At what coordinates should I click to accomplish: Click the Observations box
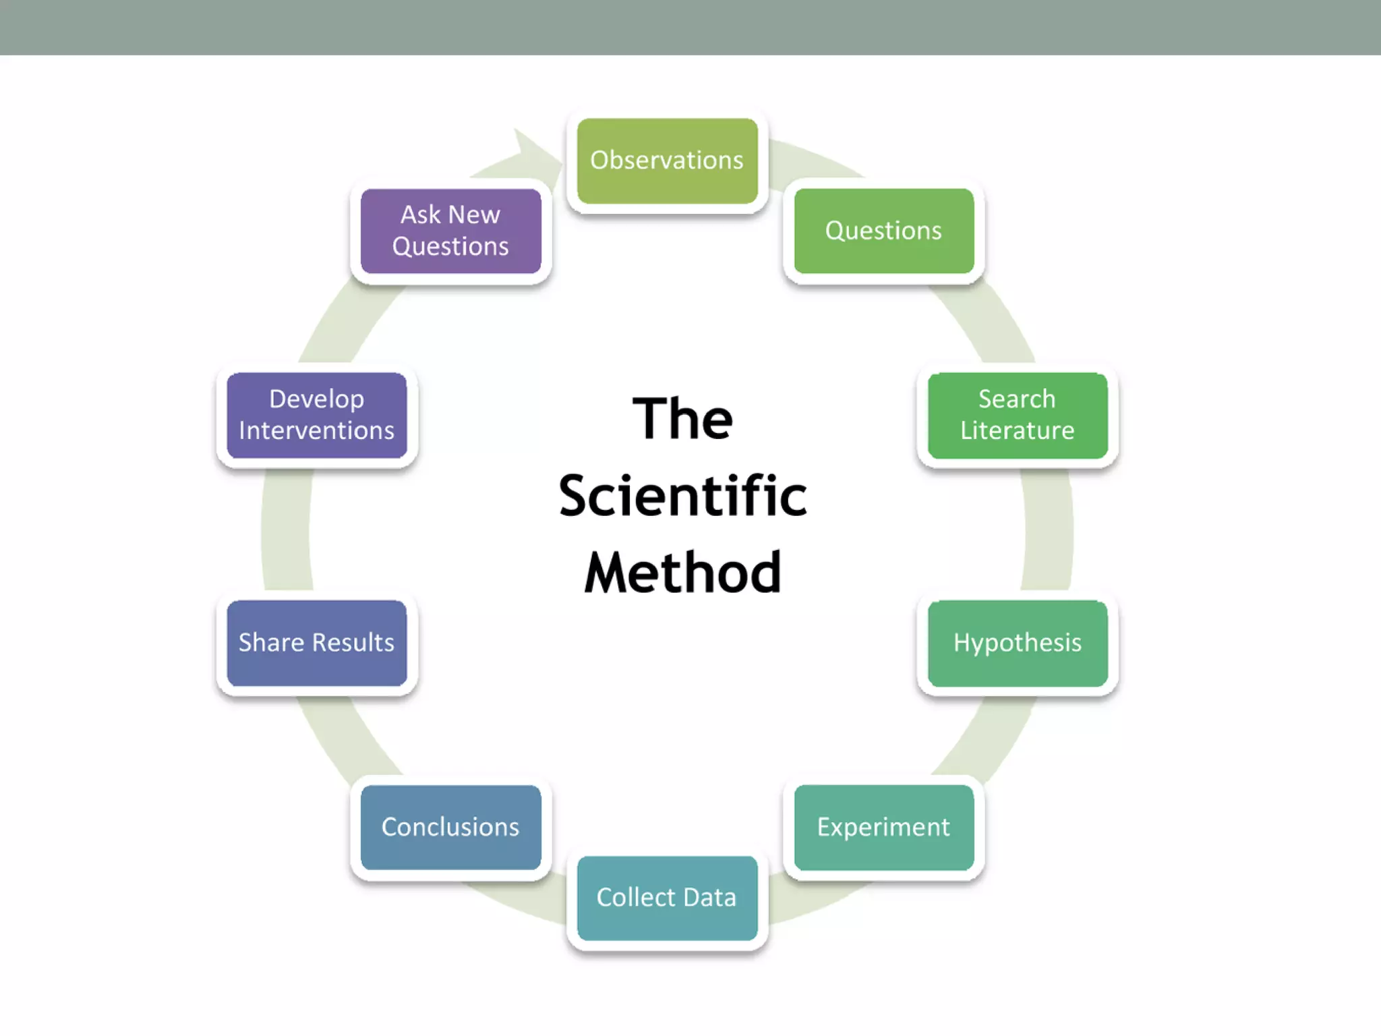pyautogui.click(x=667, y=161)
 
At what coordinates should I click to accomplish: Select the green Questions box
pyautogui.click(x=883, y=231)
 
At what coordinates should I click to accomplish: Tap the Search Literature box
pyautogui.click(x=1018, y=415)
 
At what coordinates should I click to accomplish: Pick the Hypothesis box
pyautogui.click(x=1018, y=643)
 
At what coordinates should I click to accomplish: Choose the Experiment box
pyautogui.click(x=883, y=827)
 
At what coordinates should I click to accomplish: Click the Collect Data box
pyautogui.click(x=667, y=898)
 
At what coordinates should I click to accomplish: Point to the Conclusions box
pyautogui.click(x=450, y=827)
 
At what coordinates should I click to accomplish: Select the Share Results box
pyautogui.click(x=316, y=643)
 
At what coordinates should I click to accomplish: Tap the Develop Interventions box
pyautogui.click(x=316, y=415)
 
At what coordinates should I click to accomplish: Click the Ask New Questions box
pyautogui.click(x=450, y=231)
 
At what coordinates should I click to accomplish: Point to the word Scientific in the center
pyautogui.click(x=682, y=496)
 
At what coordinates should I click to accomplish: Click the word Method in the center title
pyautogui.click(x=682, y=573)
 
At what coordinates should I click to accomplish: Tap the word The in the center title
pyautogui.click(x=682, y=419)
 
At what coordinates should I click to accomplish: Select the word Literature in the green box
pyautogui.click(x=1018, y=431)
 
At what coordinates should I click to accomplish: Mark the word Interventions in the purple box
pyautogui.click(x=316, y=431)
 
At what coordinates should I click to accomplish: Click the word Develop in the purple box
pyautogui.click(x=316, y=399)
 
